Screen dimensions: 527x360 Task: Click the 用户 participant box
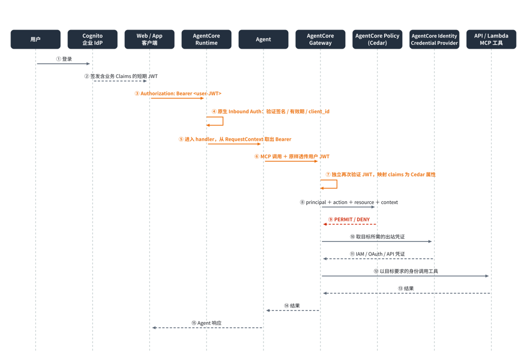tap(36, 40)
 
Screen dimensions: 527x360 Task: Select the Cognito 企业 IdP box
tap(92, 40)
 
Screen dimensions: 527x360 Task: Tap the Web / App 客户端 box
tap(150, 40)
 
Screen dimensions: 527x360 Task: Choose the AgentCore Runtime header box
tap(207, 40)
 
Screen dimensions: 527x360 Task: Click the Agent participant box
tap(263, 40)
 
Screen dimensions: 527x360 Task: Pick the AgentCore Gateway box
tap(320, 40)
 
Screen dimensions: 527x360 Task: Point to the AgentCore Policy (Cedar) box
tap(377, 40)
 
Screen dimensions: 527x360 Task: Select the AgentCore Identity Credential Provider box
tap(434, 40)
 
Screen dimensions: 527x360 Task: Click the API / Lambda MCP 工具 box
tap(491, 40)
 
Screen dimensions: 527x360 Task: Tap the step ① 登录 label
tap(64, 59)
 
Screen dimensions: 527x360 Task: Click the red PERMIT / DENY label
tap(349, 219)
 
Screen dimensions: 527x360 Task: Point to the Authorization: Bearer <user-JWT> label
tap(178, 93)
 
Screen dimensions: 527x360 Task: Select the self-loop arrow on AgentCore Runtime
tap(223, 121)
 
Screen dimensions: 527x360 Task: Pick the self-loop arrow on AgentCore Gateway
tap(337, 184)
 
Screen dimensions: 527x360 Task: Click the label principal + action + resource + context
tap(349, 202)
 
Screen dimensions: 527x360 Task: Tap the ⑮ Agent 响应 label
tap(207, 323)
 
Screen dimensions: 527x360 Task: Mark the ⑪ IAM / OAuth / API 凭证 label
tap(377, 254)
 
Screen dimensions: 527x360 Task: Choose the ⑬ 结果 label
tap(406, 288)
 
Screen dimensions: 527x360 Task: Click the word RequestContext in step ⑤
tap(245, 139)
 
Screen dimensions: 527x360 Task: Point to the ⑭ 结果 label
tap(292, 306)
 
